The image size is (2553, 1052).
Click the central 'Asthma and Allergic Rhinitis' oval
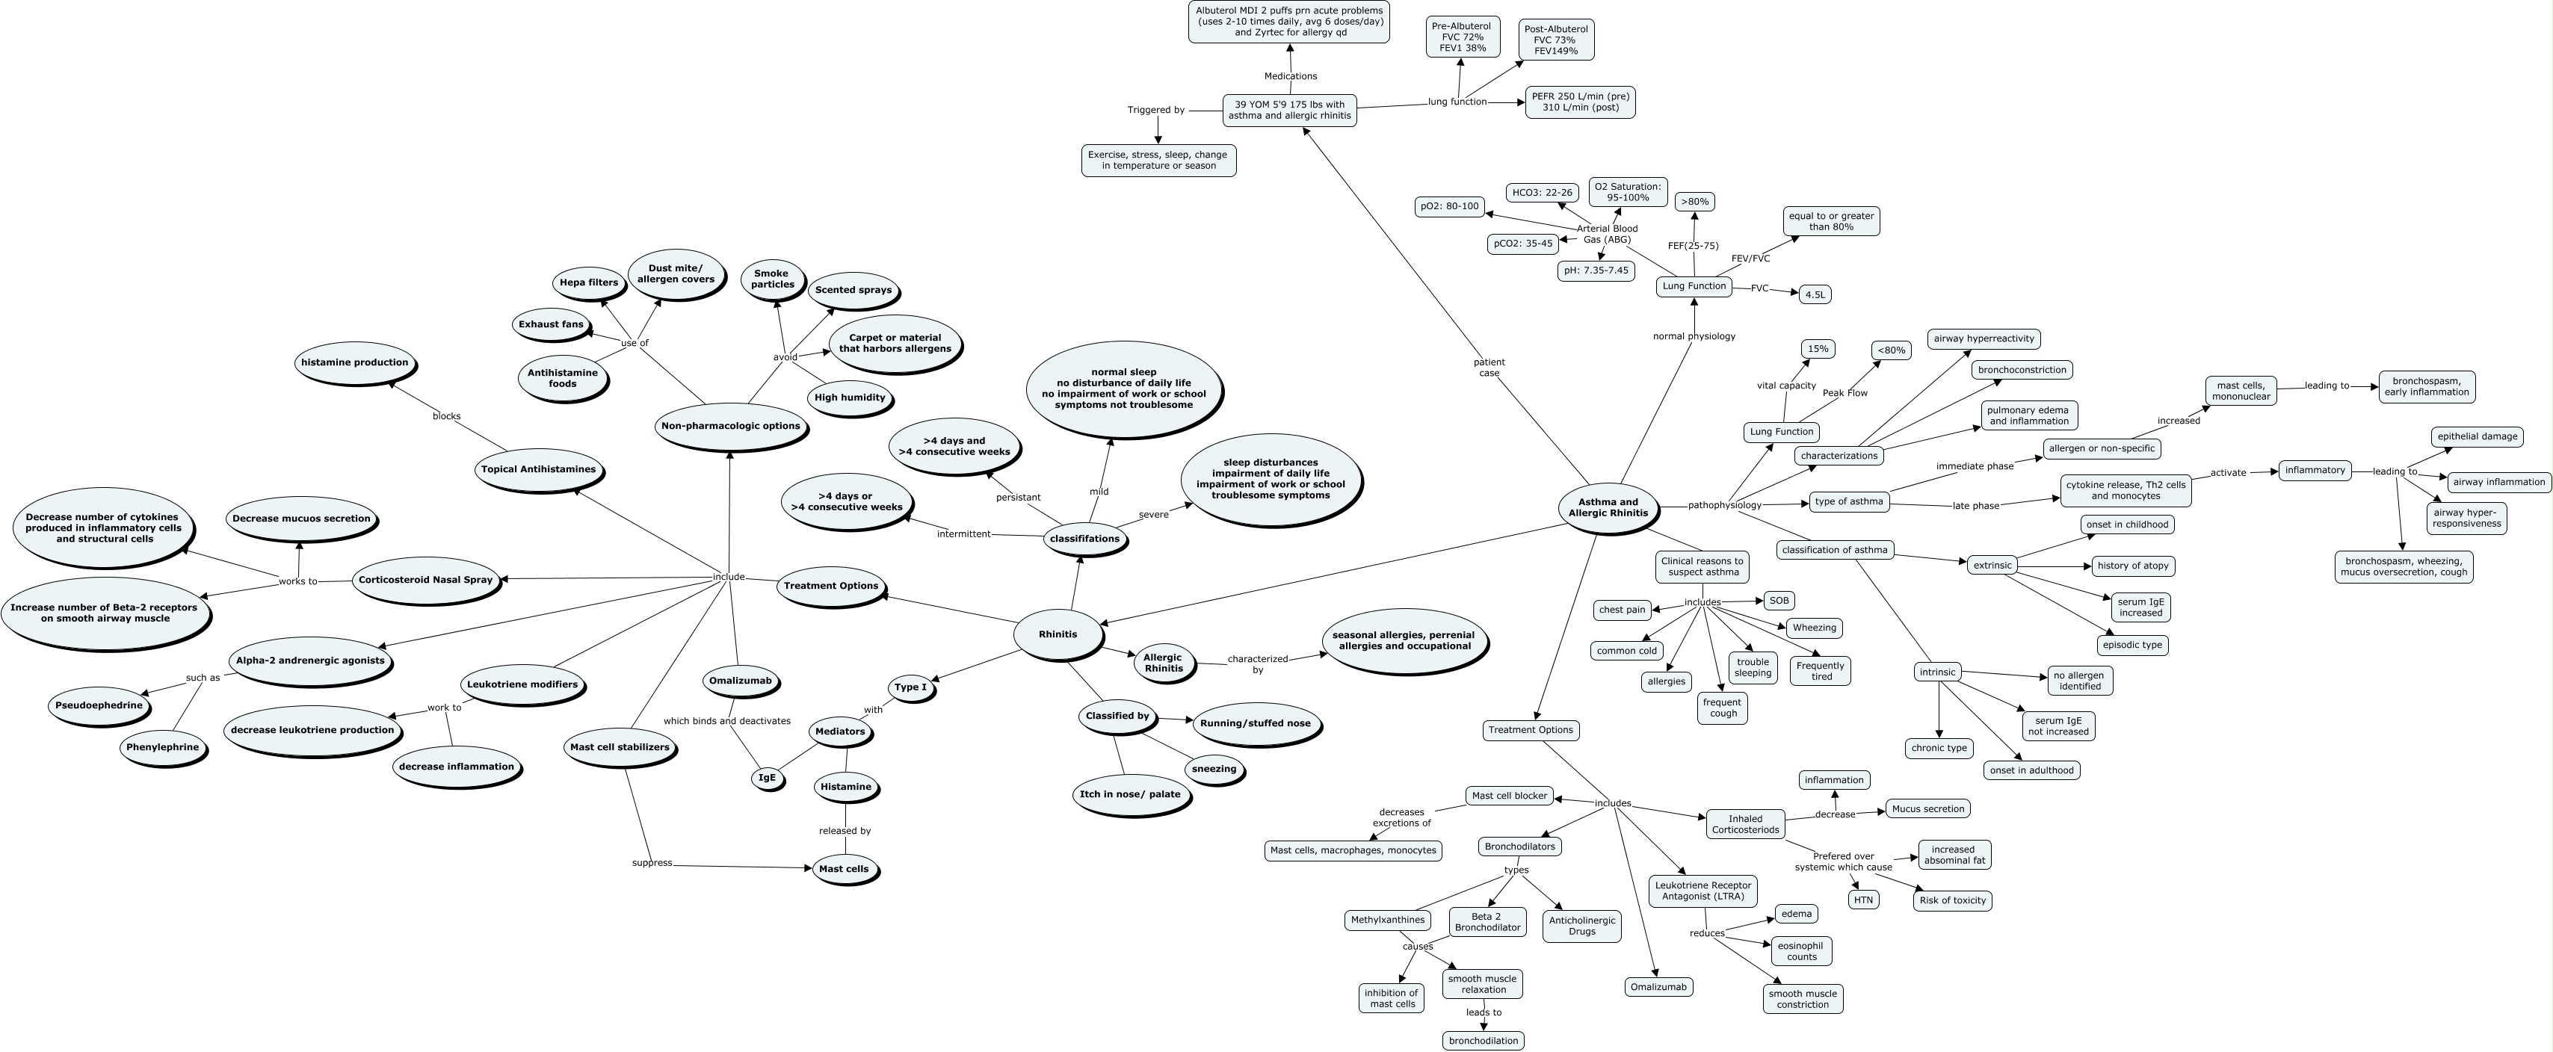click(1608, 507)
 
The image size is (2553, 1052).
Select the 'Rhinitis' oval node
click(1058, 634)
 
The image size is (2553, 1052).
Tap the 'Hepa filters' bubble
click(589, 282)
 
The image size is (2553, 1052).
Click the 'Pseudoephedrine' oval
click(99, 705)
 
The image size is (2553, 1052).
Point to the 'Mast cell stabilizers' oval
click(620, 747)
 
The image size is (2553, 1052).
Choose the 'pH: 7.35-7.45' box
click(1595, 270)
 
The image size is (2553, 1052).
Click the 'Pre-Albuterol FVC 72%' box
click(1462, 37)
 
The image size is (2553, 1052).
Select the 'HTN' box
click(1863, 900)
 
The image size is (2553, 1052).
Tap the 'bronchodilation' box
click(1483, 1040)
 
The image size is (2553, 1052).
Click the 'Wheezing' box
click(1814, 627)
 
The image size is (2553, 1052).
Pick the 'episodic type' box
click(2131, 645)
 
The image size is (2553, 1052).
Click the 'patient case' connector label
click(1489, 368)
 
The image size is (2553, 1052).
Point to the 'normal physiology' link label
click(1694, 335)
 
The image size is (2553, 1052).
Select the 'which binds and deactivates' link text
click(726, 721)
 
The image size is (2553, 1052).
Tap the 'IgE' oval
click(767, 778)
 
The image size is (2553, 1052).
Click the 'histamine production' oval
click(355, 362)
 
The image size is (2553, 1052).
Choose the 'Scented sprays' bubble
click(852, 290)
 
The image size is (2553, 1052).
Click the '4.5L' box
click(1815, 294)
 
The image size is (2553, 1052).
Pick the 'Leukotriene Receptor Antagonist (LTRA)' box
click(1702, 890)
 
